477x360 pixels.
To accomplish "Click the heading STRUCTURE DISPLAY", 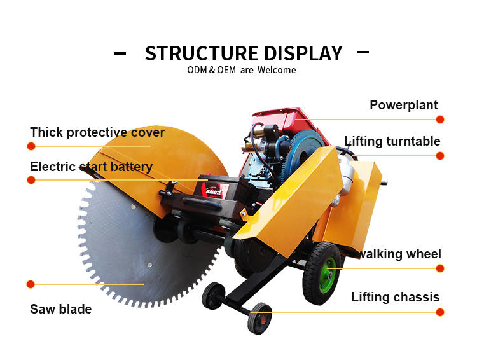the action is pos(244,53).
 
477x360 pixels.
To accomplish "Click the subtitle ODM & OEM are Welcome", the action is pos(241,70).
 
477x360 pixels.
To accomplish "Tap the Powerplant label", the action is pos(404,105).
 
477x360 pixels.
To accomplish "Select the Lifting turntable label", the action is pos(392,141).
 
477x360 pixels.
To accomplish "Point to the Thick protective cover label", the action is pos(97,132).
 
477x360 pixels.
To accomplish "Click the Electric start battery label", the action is pos(92,167).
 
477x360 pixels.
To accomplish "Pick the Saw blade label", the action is pos(61,309).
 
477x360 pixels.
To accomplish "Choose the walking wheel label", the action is pos(399,254).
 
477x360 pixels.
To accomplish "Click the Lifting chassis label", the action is pos(396,297).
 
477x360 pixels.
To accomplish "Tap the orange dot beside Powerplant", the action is pos(440,120).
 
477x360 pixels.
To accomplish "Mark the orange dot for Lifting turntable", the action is pos(440,156).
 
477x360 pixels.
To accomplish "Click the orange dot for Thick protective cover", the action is pos(31,146).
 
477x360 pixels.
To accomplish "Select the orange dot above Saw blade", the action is pos(31,284).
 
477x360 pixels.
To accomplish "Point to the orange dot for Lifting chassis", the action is pos(440,312).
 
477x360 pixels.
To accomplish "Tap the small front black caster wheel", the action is pos(259,317).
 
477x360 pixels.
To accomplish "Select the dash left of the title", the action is pos(120,53).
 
